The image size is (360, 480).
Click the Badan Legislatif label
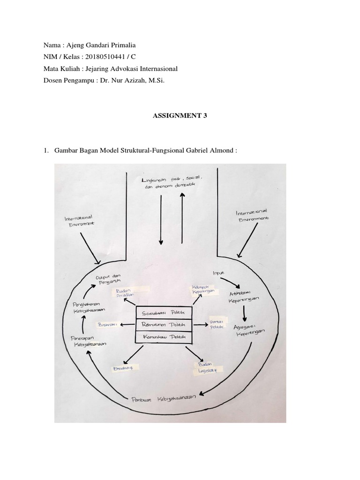pos(205,367)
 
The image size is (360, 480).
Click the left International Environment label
pos(80,220)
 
